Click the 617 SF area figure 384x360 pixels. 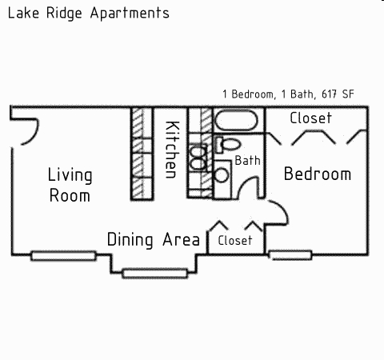coord(338,94)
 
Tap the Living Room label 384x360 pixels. coord(70,185)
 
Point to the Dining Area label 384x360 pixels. coord(153,239)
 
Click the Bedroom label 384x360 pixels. coord(318,174)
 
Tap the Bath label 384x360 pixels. coord(247,161)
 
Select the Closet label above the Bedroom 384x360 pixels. coord(310,118)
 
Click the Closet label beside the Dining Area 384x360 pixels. coord(234,240)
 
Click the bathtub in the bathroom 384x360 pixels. coord(236,122)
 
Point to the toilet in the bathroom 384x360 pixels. coord(226,146)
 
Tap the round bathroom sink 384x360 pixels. coord(221,174)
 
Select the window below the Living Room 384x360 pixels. coord(63,256)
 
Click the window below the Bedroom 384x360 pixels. coord(290,256)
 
